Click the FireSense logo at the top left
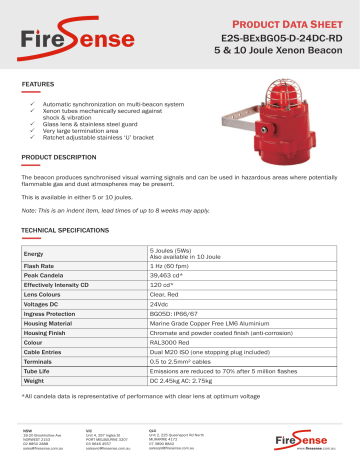pyautogui.click(x=63, y=37)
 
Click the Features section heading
pyautogui.click(x=38, y=85)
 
